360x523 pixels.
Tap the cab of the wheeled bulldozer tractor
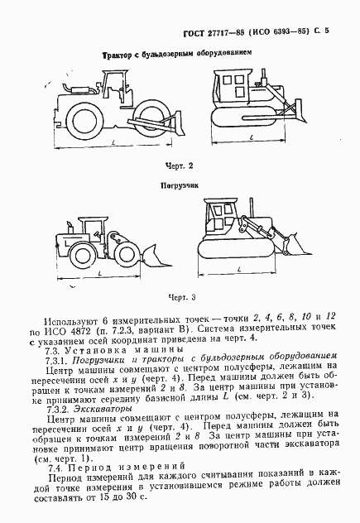(x=117, y=84)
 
